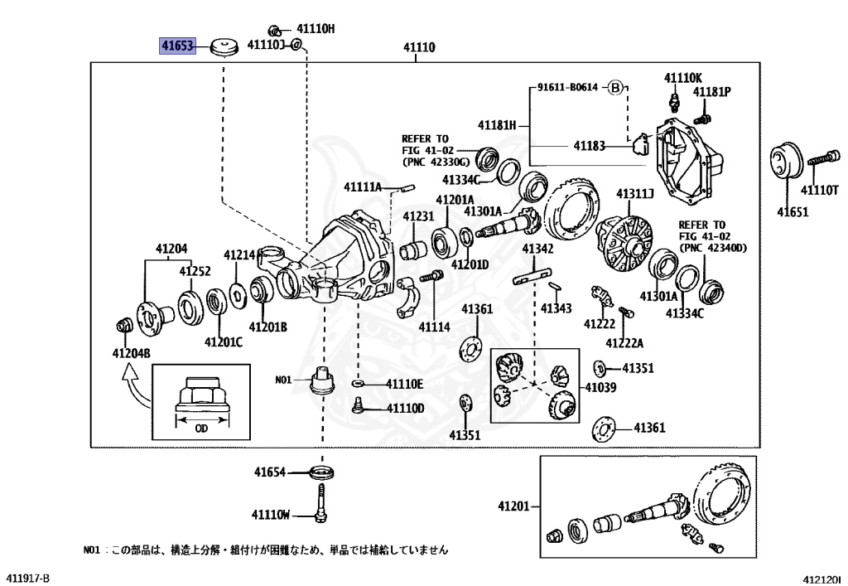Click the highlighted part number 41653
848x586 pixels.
click(176, 45)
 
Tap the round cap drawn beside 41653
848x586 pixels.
click(221, 46)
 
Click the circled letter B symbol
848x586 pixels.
click(615, 87)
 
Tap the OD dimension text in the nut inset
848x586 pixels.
click(201, 429)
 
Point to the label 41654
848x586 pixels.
click(269, 472)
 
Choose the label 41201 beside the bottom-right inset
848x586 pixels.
click(513, 506)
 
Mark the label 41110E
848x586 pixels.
click(404, 384)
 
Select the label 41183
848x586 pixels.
click(589, 146)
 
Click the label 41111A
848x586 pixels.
click(363, 186)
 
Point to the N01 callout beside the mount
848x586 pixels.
click(284, 380)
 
